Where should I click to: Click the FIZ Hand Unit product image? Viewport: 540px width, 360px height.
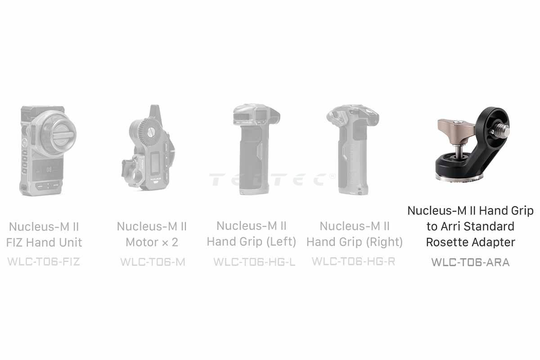pyautogui.click(x=48, y=150)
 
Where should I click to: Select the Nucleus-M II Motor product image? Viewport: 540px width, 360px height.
pyautogui.click(x=148, y=148)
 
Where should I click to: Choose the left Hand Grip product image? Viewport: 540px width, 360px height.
pyautogui.click(x=256, y=149)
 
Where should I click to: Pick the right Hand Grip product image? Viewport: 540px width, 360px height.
pyautogui.click(x=353, y=149)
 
